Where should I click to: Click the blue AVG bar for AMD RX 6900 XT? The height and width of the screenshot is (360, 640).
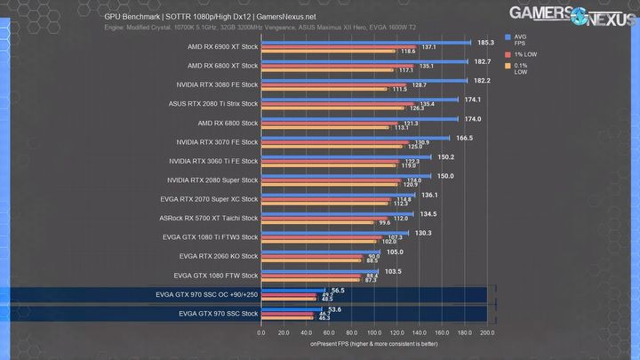(x=364, y=42)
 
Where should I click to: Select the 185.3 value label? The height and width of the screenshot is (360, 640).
(x=485, y=42)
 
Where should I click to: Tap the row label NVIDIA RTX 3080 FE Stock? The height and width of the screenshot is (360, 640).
(x=217, y=84)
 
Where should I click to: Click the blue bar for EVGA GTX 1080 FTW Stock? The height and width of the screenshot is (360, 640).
(x=320, y=271)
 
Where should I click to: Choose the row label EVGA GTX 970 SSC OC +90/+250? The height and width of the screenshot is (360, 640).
(x=206, y=294)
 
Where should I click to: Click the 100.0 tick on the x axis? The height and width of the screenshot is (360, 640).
(x=374, y=332)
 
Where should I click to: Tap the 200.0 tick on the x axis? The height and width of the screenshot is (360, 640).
(x=486, y=332)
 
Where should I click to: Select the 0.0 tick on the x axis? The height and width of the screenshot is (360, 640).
(x=261, y=332)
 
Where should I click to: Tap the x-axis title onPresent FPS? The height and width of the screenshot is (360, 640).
(x=374, y=343)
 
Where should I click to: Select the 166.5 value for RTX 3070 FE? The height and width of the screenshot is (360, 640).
(x=464, y=138)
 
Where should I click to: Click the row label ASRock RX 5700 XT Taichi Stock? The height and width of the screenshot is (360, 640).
(x=209, y=218)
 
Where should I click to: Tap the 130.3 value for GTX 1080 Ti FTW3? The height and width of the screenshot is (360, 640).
(x=423, y=233)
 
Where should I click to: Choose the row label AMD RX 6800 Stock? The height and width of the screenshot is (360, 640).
(x=228, y=123)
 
